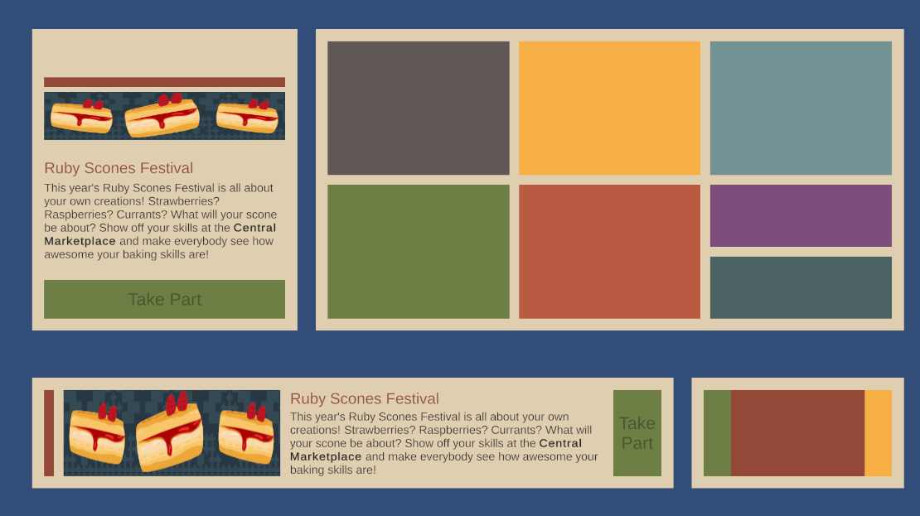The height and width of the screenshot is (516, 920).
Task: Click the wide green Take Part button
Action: click(x=164, y=299)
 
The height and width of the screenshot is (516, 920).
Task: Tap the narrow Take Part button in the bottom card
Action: click(x=637, y=432)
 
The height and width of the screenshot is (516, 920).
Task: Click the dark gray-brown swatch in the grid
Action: click(x=419, y=108)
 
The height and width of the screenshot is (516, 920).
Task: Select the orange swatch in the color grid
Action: click(x=610, y=108)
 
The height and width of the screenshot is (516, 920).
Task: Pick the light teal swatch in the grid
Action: click(x=801, y=108)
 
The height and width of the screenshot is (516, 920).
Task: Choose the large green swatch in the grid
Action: click(x=419, y=252)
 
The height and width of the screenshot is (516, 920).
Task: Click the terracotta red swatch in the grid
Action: click(x=610, y=252)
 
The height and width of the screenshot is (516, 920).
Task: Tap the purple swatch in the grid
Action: click(x=801, y=216)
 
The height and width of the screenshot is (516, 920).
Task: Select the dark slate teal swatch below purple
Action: click(x=801, y=287)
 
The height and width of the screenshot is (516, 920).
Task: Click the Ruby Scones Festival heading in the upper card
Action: click(x=119, y=168)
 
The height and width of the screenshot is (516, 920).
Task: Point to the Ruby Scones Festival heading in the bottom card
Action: click(x=365, y=398)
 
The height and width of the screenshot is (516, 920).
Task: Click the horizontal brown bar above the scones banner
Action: click(x=164, y=82)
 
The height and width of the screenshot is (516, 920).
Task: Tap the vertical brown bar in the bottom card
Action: click(x=49, y=432)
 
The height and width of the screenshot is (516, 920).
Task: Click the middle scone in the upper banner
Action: click(x=162, y=115)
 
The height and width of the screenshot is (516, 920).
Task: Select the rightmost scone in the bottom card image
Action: click(x=246, y=433)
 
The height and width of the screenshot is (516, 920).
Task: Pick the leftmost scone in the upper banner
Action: click(x=81, y=115)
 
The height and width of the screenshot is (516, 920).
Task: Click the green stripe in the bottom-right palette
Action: click(x=717, y=432)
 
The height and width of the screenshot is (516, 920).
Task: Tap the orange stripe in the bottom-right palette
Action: click(x=879, y=432)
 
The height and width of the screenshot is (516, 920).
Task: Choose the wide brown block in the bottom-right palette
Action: click(x=798, y=432)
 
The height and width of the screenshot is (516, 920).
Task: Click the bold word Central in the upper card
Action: click(x=254, y=228)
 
